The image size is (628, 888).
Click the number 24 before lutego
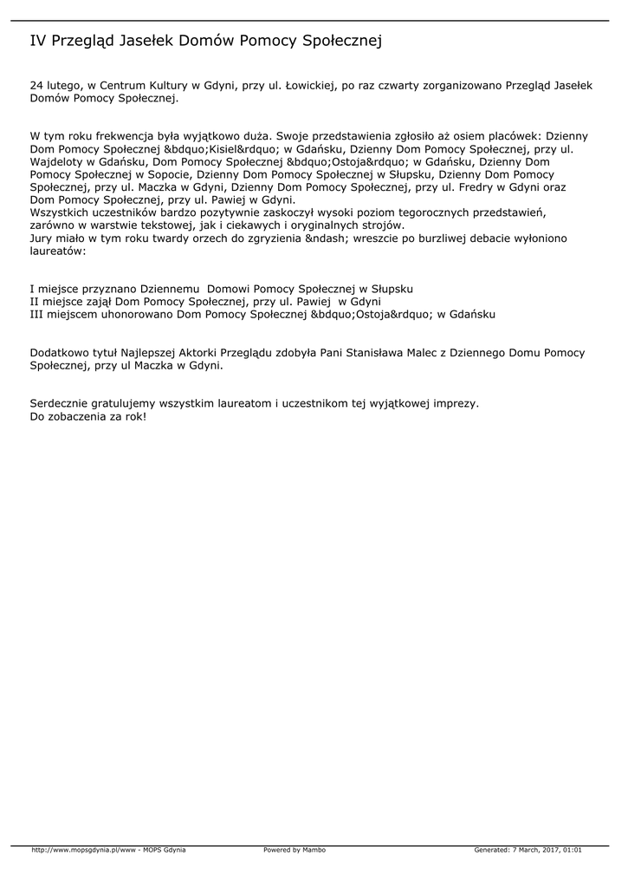click(36, 87)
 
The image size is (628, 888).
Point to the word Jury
click(41, 238)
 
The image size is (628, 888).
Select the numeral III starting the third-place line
click(38, 315)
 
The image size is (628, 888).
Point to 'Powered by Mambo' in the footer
click(295, 850)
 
